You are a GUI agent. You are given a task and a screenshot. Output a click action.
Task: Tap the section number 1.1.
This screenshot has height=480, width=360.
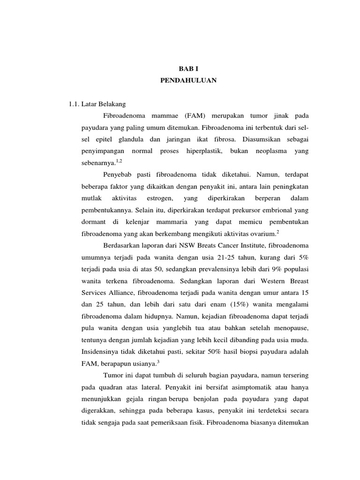pos(76,103)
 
